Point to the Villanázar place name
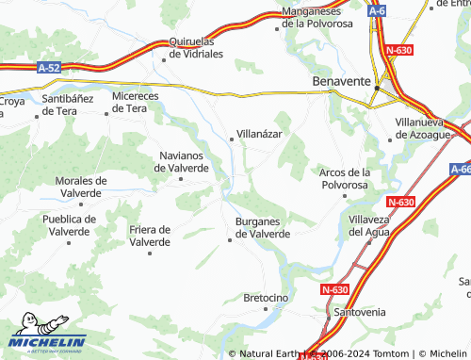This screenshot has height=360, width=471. [x=259, y=135]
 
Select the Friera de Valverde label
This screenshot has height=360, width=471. [x=150, y=236]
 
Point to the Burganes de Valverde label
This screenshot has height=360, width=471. [x=261, y=227]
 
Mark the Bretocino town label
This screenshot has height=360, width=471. [x=265, y=298]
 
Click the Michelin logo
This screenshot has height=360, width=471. [x=47, y=339]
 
